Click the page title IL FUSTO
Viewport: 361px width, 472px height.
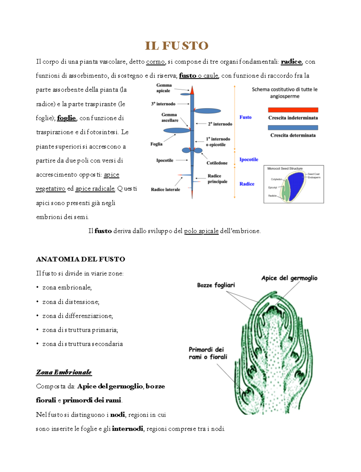(x=177, y=46)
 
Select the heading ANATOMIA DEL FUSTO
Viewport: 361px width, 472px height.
(x=80, y=259)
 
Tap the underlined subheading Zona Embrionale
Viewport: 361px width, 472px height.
(x=64, y=372)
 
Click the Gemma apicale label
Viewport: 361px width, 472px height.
(x=164, y=88)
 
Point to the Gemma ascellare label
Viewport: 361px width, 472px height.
(x=170, y=117)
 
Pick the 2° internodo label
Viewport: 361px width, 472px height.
(x=220, y=124)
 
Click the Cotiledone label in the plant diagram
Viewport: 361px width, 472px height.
(x=217, y=163)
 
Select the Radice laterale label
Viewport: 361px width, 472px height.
(x=165, y=189)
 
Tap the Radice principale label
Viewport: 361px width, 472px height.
(x=217, y=179)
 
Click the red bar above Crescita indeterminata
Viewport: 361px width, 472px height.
(x=293, y=110)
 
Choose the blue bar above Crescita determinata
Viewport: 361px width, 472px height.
(x=293, y=128)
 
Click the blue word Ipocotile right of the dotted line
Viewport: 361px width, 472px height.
(x=249, y=159)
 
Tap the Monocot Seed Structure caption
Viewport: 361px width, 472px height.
(x=285, y=169)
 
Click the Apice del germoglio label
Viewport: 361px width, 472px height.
(x=289, y=278)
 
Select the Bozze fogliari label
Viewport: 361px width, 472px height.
(x=216, y=285)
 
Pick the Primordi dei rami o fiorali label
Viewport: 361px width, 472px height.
(x=208, y=353)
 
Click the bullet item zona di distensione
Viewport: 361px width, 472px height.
(x=71, y=302)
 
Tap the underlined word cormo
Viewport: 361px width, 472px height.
(x=156, y=62)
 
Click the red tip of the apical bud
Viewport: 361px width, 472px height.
(x=192, y=90)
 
